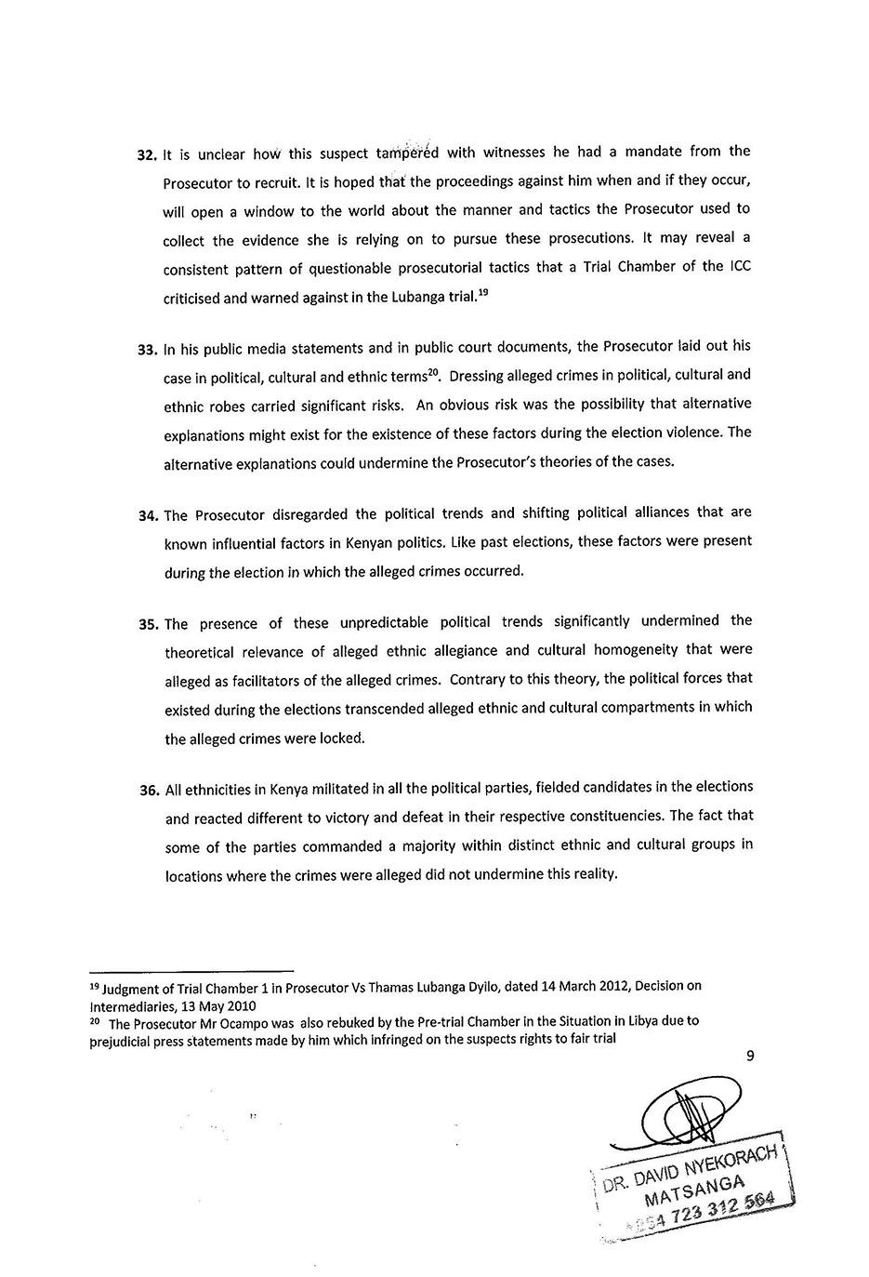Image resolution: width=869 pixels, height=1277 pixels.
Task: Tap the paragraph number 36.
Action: (150, 791)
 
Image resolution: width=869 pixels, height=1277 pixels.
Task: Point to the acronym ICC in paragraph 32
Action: (739, 266)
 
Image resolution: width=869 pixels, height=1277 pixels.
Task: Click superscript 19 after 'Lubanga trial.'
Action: (482, 291)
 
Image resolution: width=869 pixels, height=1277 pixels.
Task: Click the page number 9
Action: (750, 1056)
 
